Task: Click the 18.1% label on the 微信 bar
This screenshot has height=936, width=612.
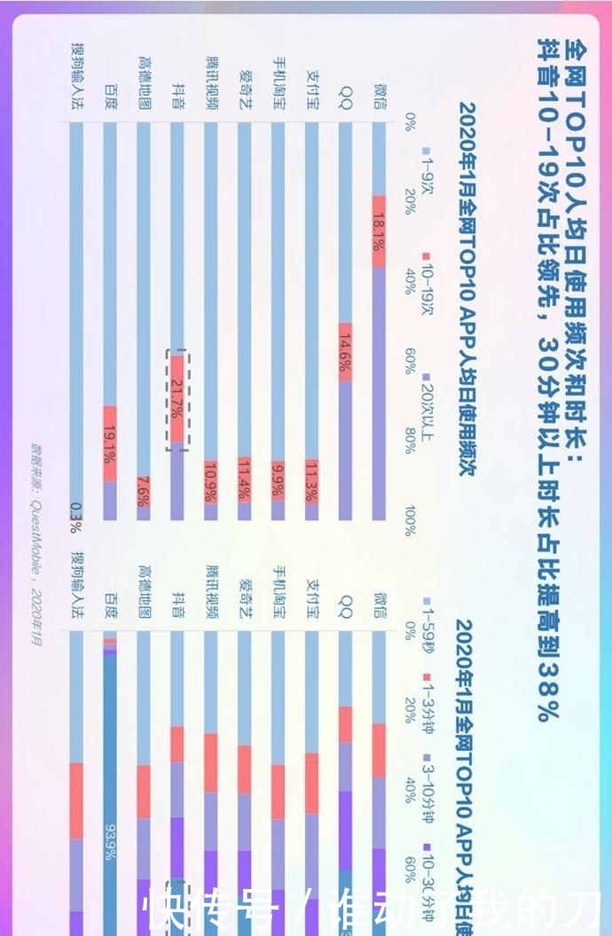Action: [379, 231]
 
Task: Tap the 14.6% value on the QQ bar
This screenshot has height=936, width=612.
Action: [345, 353]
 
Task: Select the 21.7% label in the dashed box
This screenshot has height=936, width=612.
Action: [177, 400]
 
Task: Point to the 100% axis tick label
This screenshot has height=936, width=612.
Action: [410, 520]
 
